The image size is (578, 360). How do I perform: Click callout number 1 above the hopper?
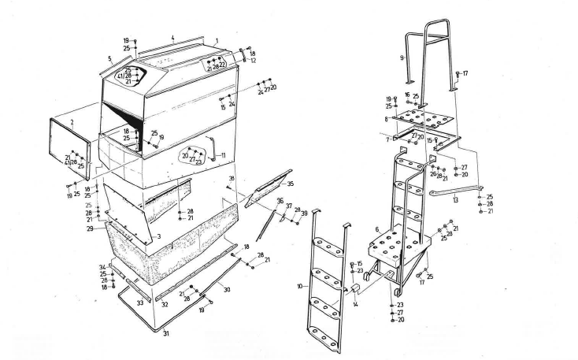pos(216,39)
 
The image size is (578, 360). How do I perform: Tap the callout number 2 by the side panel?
pos(72,124)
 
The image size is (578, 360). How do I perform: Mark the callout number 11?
pos(224,154)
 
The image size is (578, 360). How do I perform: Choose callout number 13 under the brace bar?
pos(454,201)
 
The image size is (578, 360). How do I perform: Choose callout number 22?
pos(223,65)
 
